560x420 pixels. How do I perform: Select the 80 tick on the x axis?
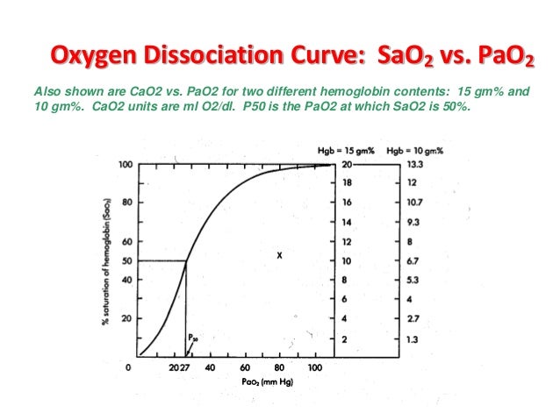pos(279,369)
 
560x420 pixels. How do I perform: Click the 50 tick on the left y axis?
pos(126,260)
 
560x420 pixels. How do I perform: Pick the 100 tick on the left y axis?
pos(126,164)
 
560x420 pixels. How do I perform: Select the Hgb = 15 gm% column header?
pos(346,152)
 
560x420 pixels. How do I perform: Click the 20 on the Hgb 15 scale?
pos(347,164)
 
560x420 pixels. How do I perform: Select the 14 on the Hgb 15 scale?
pos(347,222)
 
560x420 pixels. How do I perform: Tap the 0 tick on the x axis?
pos(131,369)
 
